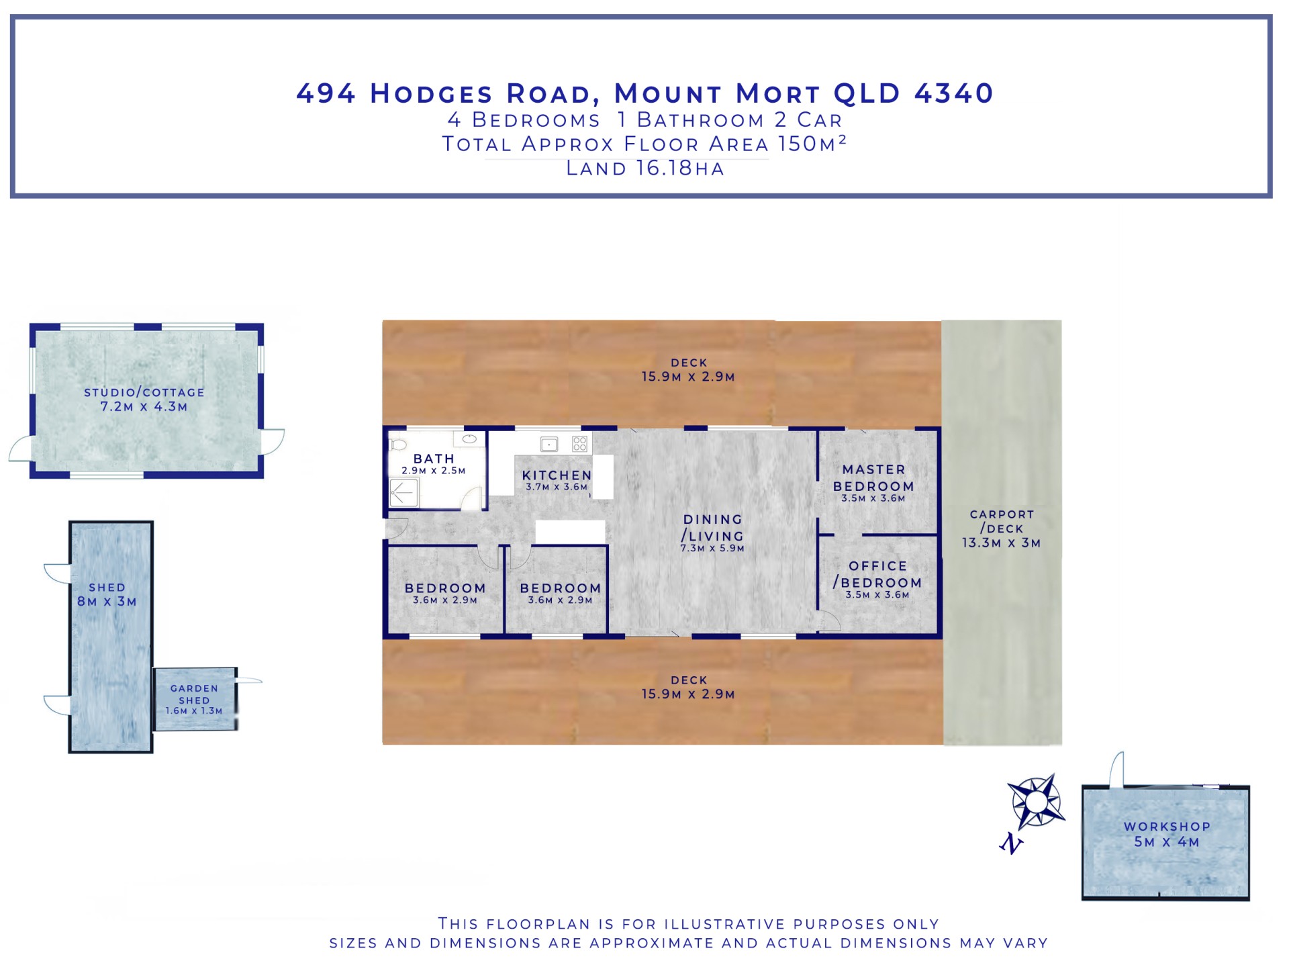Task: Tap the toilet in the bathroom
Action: click(x=399, y=445)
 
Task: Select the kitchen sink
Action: click(x=549, y=444)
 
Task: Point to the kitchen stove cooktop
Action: click(x=580, y=444)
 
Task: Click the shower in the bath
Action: click(x=404, y=494)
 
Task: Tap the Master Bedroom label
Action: click(x=873, y=477)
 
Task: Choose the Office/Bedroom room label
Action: click(x=877, y=574)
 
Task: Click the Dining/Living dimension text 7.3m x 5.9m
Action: click(x=712, y=549)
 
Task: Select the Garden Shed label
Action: click(x=194, y=694)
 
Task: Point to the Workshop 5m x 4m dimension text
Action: click(x=1167, y=842)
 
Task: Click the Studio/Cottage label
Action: click(x=144, y=392)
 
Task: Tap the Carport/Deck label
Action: click(x=1002, y=521)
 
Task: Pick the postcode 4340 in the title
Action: click(x=954, y=93)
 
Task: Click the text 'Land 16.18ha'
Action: click(x=645, y=169)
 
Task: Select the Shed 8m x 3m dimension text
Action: click(x=107, y=602)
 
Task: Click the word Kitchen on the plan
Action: click(x=557, y=475)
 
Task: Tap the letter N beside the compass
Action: click(x=1011, y=843)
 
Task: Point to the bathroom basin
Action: click(x=469, y=439)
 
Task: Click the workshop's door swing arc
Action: click(x=1115, y=769)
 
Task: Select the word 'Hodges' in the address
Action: click(x=432, y=94)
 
